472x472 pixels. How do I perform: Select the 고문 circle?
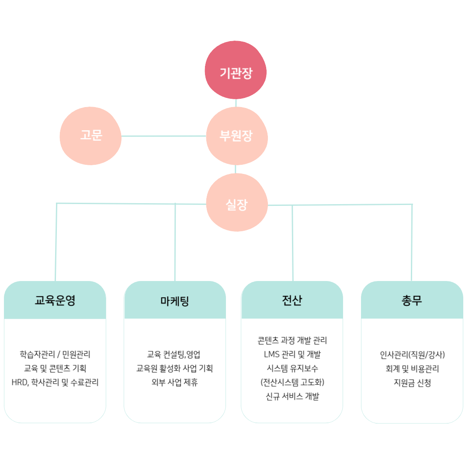pyautogui.click(x=90, y=136)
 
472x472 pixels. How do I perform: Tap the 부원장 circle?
pyautogui.click(x=236, y=136)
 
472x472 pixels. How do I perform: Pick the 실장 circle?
pyautogui.click(x=236, y=203)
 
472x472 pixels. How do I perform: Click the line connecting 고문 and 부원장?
pyautogui.click(x=163, y=136)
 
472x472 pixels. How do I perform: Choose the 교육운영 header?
pyautogui.click(x=55, y=300)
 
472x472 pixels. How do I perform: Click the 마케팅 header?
pyautogui.click(x=175, y=300)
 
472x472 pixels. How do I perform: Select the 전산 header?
pyautogui.click(x=292, y=300)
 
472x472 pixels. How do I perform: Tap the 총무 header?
pyautogui.click(x=412, y=300)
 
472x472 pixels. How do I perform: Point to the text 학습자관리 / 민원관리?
pyautogui.click(x=55, y=354)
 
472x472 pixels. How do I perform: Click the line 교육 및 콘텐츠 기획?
pyautogui.click(x=55, y=368)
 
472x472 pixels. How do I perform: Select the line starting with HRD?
pyautogui.click(x=55, y=382)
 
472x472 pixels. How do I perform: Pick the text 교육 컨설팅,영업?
pyautogui.click(x=174, y=354)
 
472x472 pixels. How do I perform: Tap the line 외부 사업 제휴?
pyautogui.click(x=174, y=382)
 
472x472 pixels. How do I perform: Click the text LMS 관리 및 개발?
pyautogui.click(x=292, y=354)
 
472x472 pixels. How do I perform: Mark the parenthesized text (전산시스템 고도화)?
pyautogui.click(x=292, y=382)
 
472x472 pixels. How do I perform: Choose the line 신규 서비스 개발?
pyautogui.click(x=292, y=396)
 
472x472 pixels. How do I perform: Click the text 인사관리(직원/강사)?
pyautogui.click(x=412, y=354)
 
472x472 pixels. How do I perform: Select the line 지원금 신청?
pyautogui.click(x=412, y=382)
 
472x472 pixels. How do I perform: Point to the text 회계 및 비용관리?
pyautogui.click(x=412, y=368)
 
